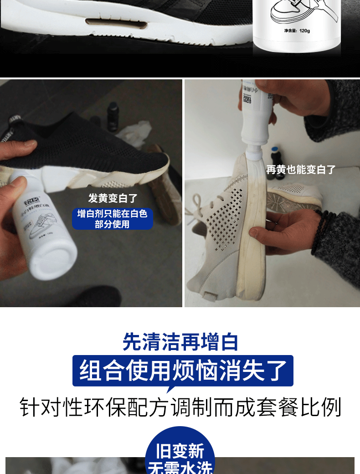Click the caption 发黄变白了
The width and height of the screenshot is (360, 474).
click(113, 198)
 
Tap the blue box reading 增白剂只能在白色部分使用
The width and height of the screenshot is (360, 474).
click(113, 219)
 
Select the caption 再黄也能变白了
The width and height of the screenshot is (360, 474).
click(301, 170)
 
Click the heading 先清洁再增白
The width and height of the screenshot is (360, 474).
click(180, 341)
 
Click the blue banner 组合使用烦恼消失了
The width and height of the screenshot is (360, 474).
click(183, 370)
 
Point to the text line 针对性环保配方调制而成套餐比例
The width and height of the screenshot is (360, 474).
click(180, 407)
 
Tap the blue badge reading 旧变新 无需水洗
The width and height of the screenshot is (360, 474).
click(180, 456)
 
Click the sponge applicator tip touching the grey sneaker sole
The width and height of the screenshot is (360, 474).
click(252, 157)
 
